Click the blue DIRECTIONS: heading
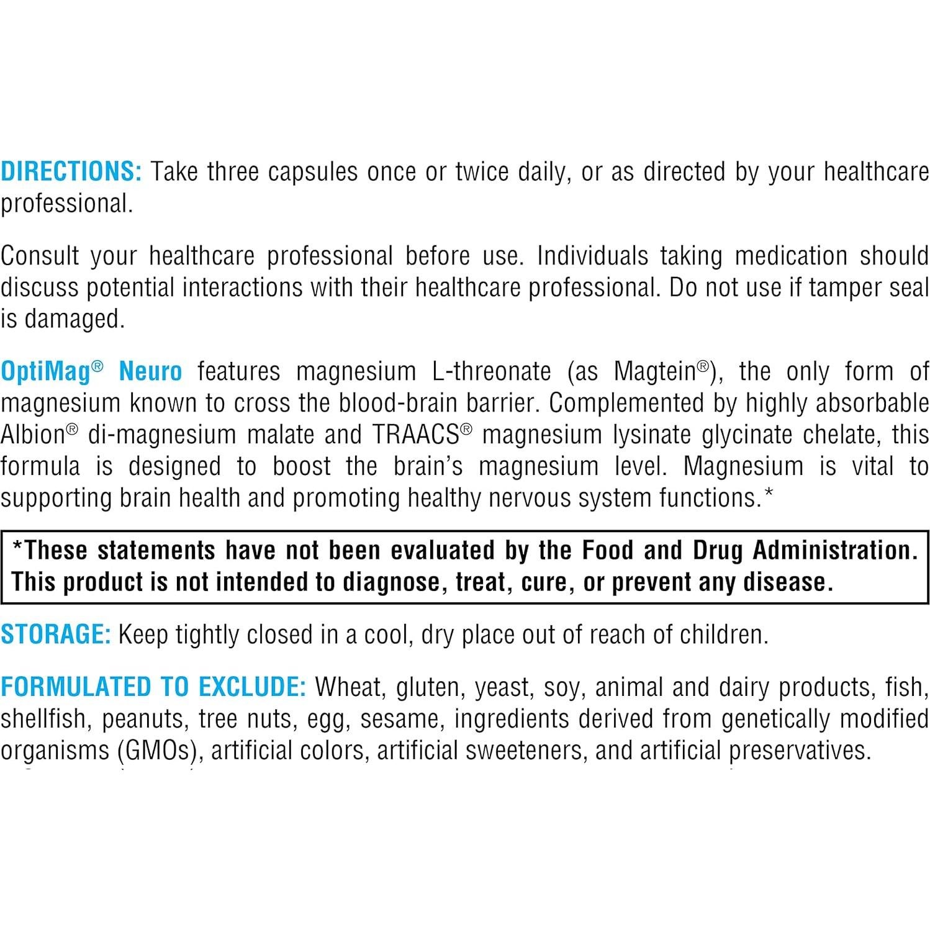click(71, 171)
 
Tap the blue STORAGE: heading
click(56, 634)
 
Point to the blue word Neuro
click(150, 371)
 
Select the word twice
click(481, 171)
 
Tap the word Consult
click(40, 256)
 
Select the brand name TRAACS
click(416, 435)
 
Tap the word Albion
click(33, 435)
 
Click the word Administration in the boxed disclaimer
click(834, 550)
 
